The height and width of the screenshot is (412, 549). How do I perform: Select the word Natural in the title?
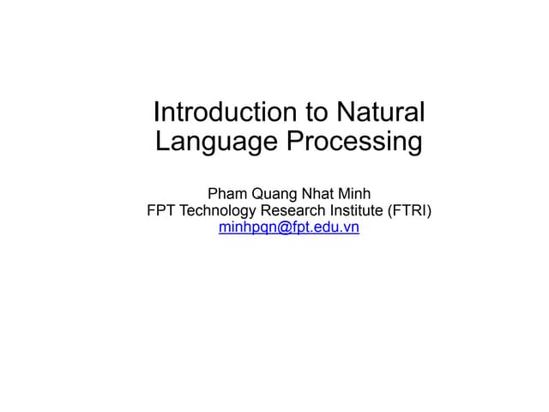pyautogui.click(x=380, y=112)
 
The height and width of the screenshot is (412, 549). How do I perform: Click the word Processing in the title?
pyautogui.click(x=353, y=142)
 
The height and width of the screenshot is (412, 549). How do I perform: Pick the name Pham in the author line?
pyautogui.click(x=228, y=192)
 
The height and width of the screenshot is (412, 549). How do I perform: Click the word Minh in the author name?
pyautogui.click(x=353, y=192)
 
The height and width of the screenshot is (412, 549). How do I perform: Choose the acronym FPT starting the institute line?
pyautogui.click(x=162, y=210)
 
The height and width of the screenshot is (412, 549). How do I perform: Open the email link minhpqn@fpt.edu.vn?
pyautogui.click(x=289, y=228)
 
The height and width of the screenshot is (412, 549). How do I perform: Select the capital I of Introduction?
pyautogui.click(x=156, y=112)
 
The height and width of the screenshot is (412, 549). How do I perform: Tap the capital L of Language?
pyautogui.click(x=162, y=141)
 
